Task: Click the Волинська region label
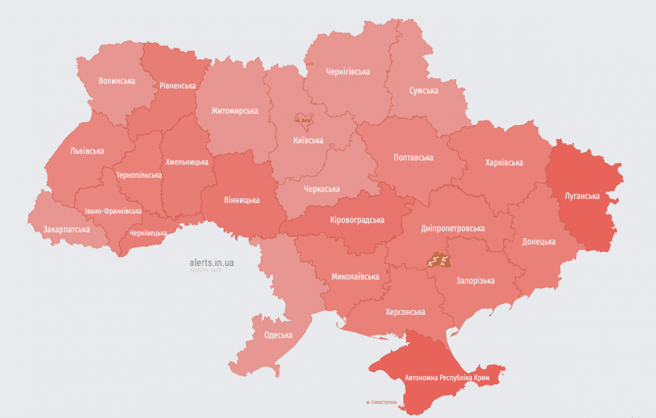coord(117,81)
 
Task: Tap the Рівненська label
coord(178,86)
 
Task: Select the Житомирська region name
coord(235,111)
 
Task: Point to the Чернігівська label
coord(347,72)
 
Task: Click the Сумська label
coord(424,91)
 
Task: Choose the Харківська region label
coord(503,162)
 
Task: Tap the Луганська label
coord(583,196)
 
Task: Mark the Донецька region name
coord(538,242)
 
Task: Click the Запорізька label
coord(476,281)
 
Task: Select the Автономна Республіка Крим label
coord(447,378)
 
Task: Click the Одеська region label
coord(278,335)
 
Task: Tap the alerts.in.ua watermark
coord(212,263)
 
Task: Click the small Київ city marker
coord(302,119)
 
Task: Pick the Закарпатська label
coord(66,229)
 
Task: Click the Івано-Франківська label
coord(113,211)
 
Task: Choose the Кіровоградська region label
coord(357,220)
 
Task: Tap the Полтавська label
coord(413,157)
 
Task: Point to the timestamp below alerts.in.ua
coord(204,270)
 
